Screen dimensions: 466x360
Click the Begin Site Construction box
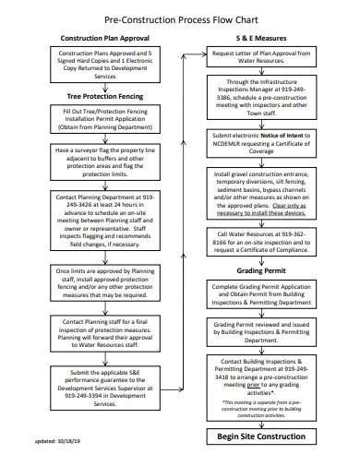260,436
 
